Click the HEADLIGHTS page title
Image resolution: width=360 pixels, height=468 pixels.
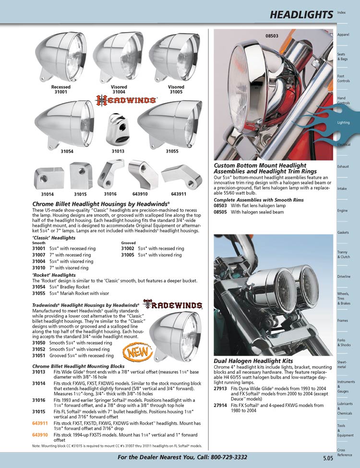(301, 15)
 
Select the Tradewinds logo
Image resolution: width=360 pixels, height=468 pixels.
(173, 305)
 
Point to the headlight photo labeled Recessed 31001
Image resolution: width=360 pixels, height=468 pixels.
(60, 61)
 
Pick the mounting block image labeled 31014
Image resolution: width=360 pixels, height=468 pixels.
(48, 178)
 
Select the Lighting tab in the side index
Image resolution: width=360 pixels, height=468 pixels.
(344, 123)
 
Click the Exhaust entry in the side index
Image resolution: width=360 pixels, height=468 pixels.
(343, 167)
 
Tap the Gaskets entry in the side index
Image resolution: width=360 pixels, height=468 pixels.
(343, 233)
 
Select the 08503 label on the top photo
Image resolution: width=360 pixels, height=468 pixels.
(272, 36)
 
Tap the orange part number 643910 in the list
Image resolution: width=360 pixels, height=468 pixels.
(40, 435)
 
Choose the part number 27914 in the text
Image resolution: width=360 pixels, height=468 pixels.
(220, 405)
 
